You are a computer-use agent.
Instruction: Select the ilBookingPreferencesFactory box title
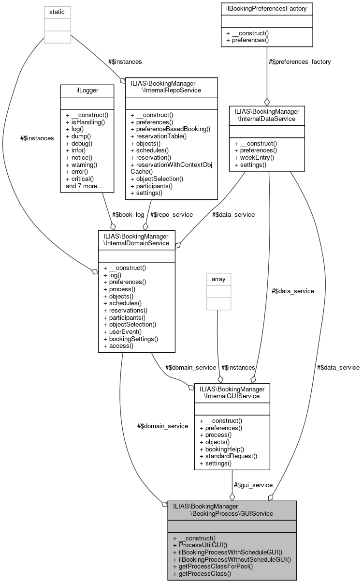(267, 8)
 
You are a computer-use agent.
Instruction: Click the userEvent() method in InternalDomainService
(123, 331)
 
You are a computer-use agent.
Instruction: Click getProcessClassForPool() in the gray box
(213, 566)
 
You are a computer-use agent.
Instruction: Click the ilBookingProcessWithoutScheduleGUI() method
(232, 558)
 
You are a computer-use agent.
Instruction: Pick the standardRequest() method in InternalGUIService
(228, 456)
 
